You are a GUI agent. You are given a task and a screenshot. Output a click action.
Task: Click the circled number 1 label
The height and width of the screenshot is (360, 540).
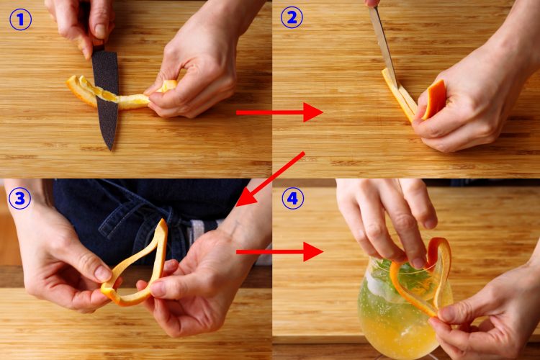20,19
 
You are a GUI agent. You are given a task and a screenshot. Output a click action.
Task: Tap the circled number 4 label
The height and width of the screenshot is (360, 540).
292,197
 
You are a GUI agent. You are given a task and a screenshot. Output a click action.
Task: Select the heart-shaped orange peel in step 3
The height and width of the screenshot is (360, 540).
137,266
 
